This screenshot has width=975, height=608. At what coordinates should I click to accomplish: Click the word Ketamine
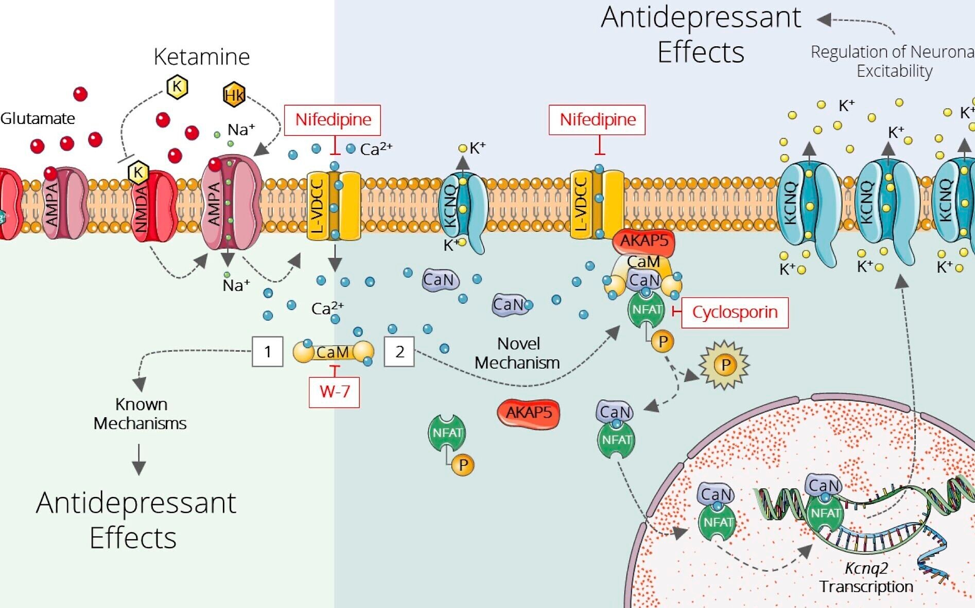click(x=202, y=57)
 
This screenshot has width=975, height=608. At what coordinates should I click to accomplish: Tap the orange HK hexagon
click(x=234, y=95)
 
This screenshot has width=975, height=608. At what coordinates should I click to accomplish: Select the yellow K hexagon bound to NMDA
click(x=137, y=172)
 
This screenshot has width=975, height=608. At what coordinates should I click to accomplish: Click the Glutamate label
click(x=38, y=119)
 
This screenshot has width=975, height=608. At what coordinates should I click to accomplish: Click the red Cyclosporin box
click(x=735, y=312)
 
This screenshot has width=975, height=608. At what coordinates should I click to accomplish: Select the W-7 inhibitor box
click(x=334, y=392)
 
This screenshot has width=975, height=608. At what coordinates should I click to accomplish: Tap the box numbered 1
click(x=268, y=352)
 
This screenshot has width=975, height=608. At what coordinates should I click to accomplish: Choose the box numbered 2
click(x=399, y=352)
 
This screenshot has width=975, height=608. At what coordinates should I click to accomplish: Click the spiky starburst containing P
click(x=724, y=365)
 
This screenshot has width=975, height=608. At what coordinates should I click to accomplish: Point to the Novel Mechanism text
click(x=517, y=353)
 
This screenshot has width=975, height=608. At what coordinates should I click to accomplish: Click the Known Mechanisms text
click(x=140, y=414)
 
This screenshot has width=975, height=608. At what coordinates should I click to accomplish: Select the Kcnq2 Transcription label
click(x=866, y=578)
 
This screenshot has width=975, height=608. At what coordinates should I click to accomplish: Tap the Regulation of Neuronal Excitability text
click(x=893, y=61)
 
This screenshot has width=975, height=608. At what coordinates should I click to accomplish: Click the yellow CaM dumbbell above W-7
click(x=334, y=352)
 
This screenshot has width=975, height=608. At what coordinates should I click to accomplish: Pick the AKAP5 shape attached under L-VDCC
click(x=643, y=242)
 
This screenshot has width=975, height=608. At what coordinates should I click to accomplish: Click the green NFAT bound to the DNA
click(x=825, y=514)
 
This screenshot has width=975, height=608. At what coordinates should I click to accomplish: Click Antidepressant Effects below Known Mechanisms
click(x=136, y=520)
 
